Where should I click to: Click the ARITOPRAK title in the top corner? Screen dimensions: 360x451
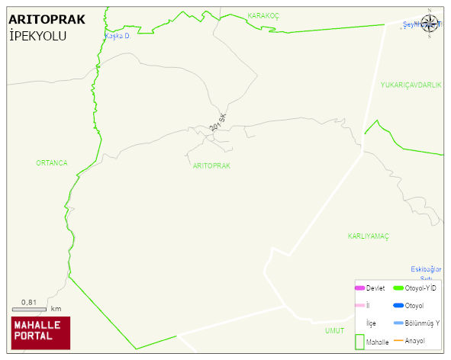pos(47,20)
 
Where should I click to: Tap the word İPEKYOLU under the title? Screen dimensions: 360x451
pos(37,36)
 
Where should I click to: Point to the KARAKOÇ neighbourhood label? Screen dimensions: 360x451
pos(265,15)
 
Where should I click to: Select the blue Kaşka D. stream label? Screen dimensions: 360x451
pos(119,36)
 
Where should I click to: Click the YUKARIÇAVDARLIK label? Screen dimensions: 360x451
pos(411,85)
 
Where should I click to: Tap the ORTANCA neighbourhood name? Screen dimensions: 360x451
pos(52,163)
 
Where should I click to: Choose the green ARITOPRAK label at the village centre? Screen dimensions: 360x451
pos(211,166)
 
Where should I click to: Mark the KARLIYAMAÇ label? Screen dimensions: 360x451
pos(368,236)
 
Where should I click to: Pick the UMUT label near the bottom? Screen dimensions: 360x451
pos(334,330)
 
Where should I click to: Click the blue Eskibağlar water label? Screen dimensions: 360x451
pos(426,269)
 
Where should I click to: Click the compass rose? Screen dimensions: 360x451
pos(430,25)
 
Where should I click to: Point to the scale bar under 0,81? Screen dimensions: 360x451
pos(30,309)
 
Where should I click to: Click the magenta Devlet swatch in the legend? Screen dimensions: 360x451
pos(359,288)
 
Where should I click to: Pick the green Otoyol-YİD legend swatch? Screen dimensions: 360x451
pos(398,288)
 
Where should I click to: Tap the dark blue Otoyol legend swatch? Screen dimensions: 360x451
pos(398,306)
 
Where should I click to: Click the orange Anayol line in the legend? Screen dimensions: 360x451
pos(398,341)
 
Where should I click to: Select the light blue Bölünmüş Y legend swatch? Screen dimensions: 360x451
pos(398,323)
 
